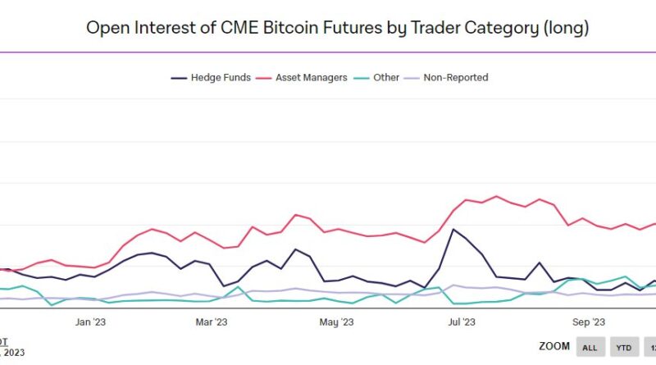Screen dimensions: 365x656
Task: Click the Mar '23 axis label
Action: pos(212,322)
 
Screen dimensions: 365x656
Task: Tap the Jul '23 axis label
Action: pos(462,322)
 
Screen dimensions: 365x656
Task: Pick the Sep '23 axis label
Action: pos(588,322)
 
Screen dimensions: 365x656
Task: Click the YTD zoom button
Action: pos(624,348)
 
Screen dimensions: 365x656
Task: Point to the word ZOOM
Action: pos(554,347)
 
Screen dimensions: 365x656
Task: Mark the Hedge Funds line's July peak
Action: pos(453,229)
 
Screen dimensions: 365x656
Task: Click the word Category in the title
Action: pos(495,27)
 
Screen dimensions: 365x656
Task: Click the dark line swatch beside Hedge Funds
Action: pos(179,78)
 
